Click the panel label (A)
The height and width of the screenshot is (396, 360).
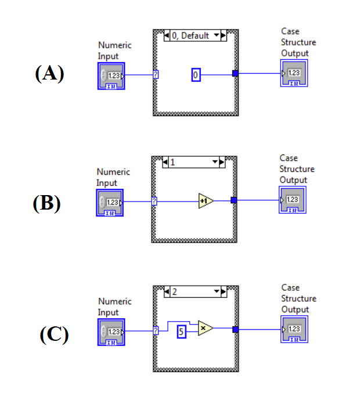tap(49, 74)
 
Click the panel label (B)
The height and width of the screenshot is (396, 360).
tap(47, 203)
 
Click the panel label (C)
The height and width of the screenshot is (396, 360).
tap(54, 334)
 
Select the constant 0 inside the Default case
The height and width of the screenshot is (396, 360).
tap(196, 74)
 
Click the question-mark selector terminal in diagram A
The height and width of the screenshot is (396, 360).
tap(156, 74)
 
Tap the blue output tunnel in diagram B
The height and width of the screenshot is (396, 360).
tap(234, 201)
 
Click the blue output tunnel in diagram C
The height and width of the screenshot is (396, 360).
tap(235, 330)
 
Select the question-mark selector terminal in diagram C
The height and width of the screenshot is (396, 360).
tap(156, 331)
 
